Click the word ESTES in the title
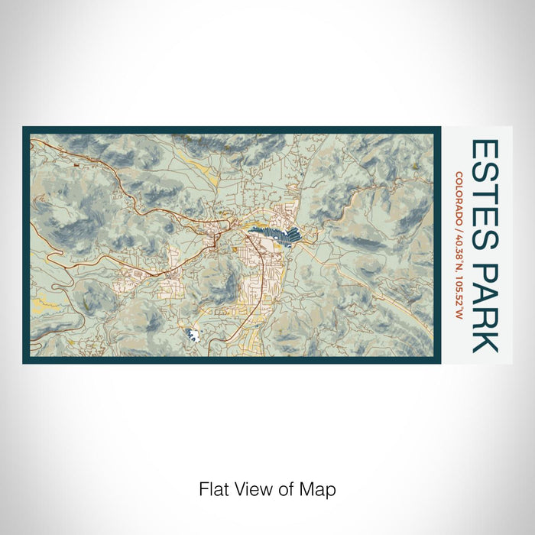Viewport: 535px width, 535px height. (x=484, y=191)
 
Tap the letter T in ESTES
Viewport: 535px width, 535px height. (x=484, y=191)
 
